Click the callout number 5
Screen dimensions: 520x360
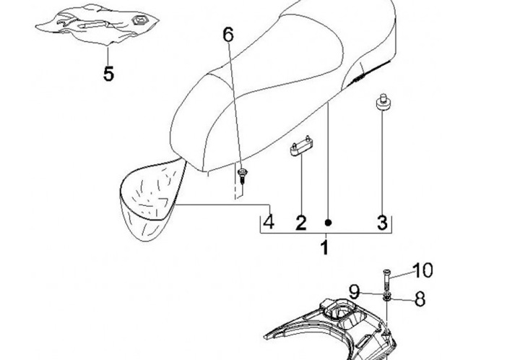click(108, 74)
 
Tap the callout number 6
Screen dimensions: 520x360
click(228, 33)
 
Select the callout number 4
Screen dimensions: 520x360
click(268, 222)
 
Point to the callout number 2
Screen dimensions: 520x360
click(300, 223)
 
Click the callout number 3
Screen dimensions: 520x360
click(383, 223)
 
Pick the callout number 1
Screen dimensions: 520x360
click(324, 249)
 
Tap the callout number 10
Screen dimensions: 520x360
click(422, 270)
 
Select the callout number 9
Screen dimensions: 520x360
click(354, 291)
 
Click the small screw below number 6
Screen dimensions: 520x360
click(242, 174)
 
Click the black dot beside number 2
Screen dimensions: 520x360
click(328, 223)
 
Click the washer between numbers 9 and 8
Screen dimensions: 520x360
click(388, 296)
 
